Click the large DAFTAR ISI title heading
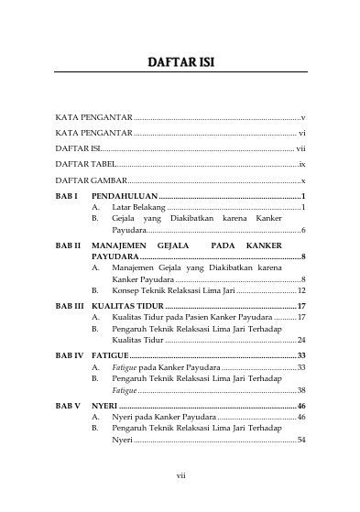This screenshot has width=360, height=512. click(180, 63)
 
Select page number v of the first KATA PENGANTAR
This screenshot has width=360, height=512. click(302, 119)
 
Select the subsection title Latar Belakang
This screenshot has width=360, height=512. click(138, 209)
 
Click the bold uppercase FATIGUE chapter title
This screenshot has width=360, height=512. click(111, 354)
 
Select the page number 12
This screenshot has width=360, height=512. click(300, 289)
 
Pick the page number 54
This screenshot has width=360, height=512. click(300, 440)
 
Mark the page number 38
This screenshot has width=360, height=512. click(300, 389)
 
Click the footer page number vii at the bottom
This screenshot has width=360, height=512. click(180, 475)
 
